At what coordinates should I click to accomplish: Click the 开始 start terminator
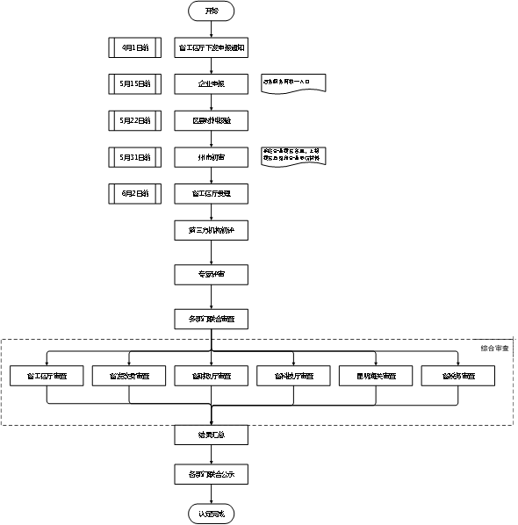click(212, 11)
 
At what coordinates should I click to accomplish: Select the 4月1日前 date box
click(135, 47)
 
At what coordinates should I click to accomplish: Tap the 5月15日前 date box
click(135, 83)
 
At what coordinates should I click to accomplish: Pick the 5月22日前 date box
click(135, 119)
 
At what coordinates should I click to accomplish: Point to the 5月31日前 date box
click(135, 156)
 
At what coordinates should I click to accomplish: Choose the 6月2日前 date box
click(135, 192)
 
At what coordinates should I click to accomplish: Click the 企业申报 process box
click(212, 83)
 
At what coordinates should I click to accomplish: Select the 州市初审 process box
click(212, 156)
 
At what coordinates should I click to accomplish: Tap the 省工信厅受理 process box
click(212, 192)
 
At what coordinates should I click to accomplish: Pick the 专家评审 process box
click(212, 275)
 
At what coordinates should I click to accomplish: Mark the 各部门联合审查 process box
click(212, 317)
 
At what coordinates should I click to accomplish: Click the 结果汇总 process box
click(212, 435)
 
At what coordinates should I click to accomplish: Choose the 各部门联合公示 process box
click(212, 474)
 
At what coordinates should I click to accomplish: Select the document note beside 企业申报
click(292, 83)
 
